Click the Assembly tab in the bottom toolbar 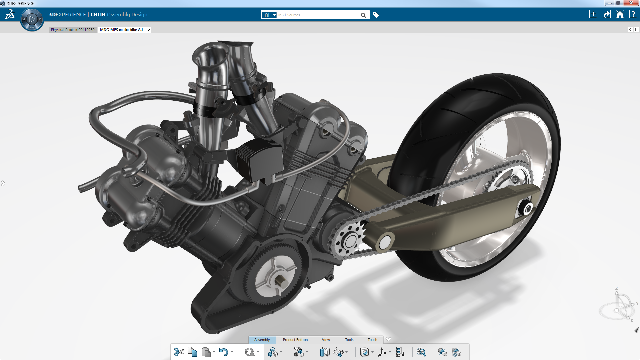(x=262, y=340)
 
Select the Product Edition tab (x=295, y=340)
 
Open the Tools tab (x=349, y=340)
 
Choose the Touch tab (x=372, y=340)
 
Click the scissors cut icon (x=179, y=352)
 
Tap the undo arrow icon (x=223, y=352)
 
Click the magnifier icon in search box (x=363, y=15)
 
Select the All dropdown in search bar (x=269, y=15)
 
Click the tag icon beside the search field (x=376, y=15)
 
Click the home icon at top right (x=620, y=14)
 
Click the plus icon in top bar (x=593, y=14)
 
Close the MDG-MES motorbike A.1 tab (x=149, y=30)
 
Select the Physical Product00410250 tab (x=73, y=30)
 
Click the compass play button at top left (x=32, y=19)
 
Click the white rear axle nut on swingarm (x=528, y=209)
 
